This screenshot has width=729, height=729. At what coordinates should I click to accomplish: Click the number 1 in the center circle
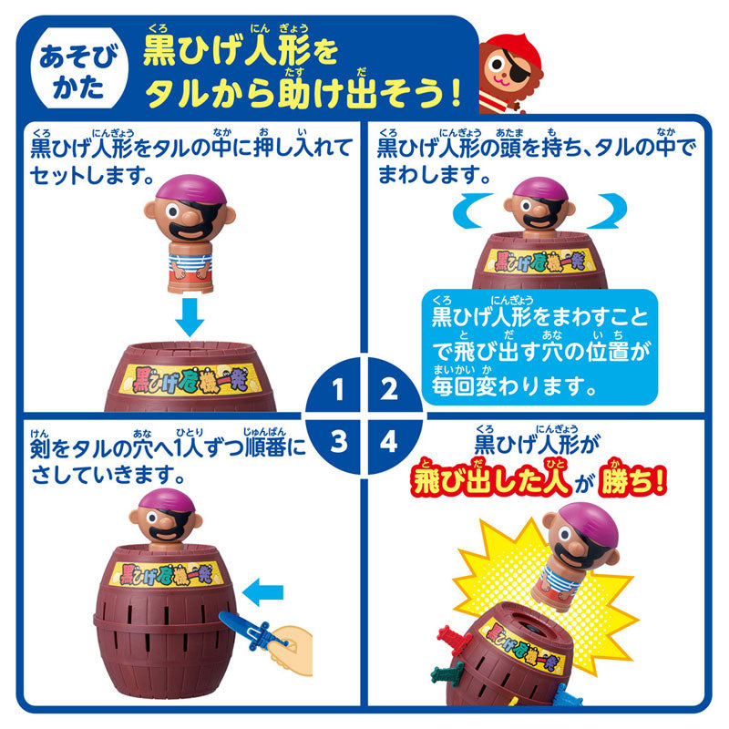[338, 393]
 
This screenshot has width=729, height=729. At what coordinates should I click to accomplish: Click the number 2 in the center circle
[390, 393]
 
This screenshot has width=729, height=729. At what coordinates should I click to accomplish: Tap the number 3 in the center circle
[338, 444]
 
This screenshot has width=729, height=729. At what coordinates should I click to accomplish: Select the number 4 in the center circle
[390, 444]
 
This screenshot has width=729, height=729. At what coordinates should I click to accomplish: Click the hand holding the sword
[290, 646]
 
